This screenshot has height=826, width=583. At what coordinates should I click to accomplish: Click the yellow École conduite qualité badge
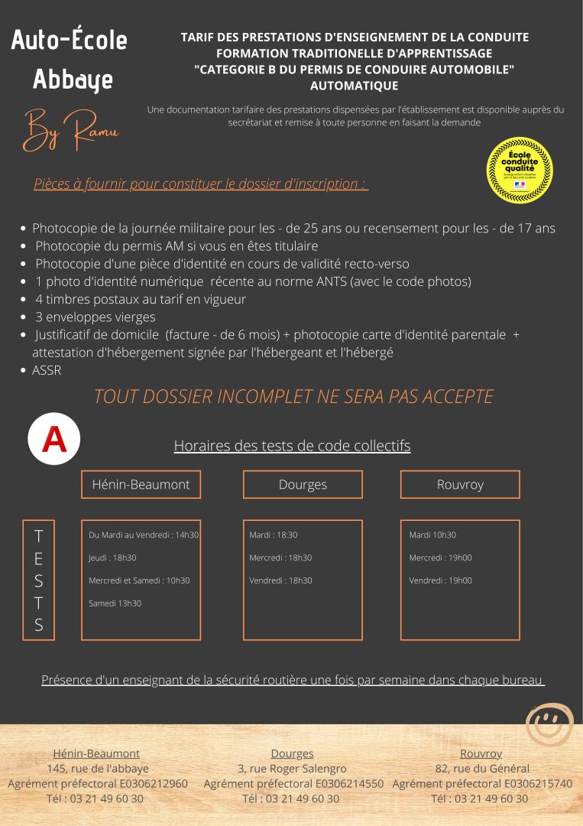520,170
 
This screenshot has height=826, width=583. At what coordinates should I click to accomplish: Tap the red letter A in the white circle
54,440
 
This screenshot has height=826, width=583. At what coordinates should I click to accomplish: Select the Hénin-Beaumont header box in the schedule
141,484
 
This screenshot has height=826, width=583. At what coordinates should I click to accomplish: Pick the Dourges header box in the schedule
303,484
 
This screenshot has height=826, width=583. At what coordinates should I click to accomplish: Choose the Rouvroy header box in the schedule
460,484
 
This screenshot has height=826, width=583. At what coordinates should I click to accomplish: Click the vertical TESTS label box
39,579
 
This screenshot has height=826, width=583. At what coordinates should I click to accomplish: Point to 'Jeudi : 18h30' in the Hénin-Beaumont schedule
112,558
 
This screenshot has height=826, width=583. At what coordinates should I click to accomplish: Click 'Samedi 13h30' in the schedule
115,603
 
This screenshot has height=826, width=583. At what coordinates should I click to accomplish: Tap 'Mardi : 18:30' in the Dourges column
274,535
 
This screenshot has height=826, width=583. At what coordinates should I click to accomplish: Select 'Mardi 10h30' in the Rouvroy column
432,535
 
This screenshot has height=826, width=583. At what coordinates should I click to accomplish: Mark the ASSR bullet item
47,370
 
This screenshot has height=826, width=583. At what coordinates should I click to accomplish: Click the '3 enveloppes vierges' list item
95,317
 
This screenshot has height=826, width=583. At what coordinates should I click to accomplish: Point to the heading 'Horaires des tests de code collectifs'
292,445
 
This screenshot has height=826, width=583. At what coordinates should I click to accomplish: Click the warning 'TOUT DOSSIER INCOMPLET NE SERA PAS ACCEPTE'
293,396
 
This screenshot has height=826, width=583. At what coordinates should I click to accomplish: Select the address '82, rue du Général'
481,769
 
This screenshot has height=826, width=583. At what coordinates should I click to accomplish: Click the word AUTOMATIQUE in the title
355,86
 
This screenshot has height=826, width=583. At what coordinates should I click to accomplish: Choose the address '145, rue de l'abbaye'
98,769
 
